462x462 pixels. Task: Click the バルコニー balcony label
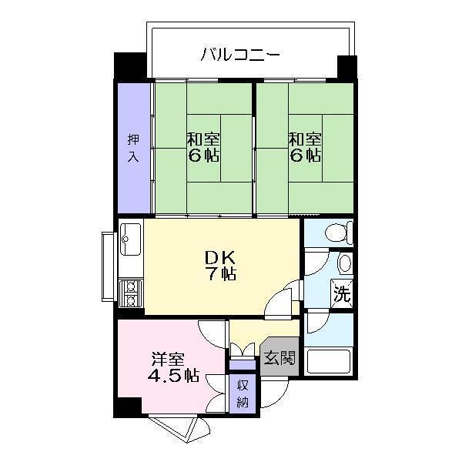click(240, 55)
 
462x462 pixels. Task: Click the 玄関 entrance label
click(278, 358)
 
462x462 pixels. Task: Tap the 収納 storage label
click(242, 394)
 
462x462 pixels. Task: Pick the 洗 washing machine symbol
click(342, 293)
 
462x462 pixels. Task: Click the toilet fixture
click(339, 231)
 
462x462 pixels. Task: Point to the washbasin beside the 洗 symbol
click(344, 264)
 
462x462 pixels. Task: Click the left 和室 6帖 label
click(203, 147)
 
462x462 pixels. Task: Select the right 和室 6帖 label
click(305, 147)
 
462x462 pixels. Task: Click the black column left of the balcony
click(129, 65)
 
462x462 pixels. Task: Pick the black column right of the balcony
click(347, 68)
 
